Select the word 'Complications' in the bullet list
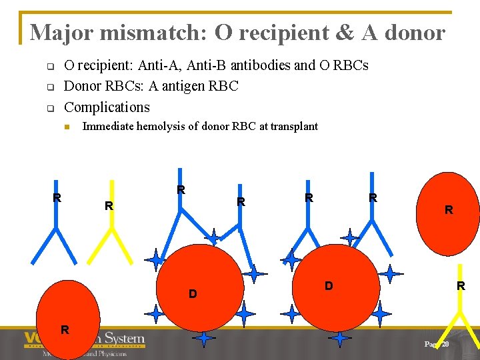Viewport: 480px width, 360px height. [x=107, y=107]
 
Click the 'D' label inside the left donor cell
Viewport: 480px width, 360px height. [x=193, y=293]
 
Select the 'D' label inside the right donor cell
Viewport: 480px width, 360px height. [x=328, y=286]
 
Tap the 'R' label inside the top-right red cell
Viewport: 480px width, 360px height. [x=449, y=210]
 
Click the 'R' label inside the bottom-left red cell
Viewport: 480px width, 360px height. [x=65, y=329]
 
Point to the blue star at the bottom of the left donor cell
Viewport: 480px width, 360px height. [x=203, y=339]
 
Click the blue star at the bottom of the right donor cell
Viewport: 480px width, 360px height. [x=340, y=339]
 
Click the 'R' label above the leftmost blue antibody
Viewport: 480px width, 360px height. [x=57, y=197]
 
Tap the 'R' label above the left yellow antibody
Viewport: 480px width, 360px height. [x=108, y=207]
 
